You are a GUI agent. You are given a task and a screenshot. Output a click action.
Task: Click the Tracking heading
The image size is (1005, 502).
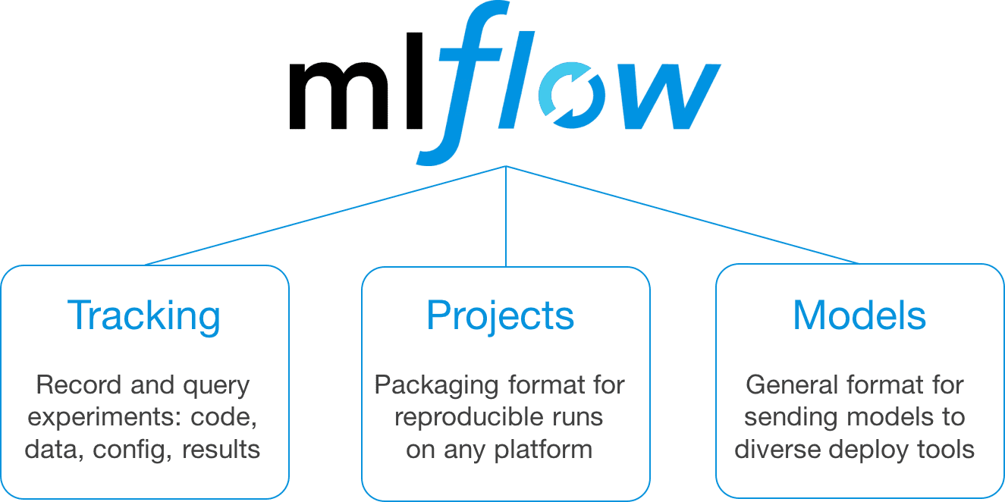click(144, 315)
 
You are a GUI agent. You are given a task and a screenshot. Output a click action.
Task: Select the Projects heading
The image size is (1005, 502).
click(501, 315)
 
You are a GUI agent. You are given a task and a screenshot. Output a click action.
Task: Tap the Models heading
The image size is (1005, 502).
click(859, 315)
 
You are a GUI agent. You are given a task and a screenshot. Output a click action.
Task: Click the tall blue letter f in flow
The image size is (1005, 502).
click(463, 83)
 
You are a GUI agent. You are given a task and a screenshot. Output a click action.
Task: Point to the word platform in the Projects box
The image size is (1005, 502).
click(542, 449)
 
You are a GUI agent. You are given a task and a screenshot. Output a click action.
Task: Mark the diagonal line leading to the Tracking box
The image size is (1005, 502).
click(326, 215)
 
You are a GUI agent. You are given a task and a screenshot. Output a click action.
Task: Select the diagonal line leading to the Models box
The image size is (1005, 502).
click(683, 215)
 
